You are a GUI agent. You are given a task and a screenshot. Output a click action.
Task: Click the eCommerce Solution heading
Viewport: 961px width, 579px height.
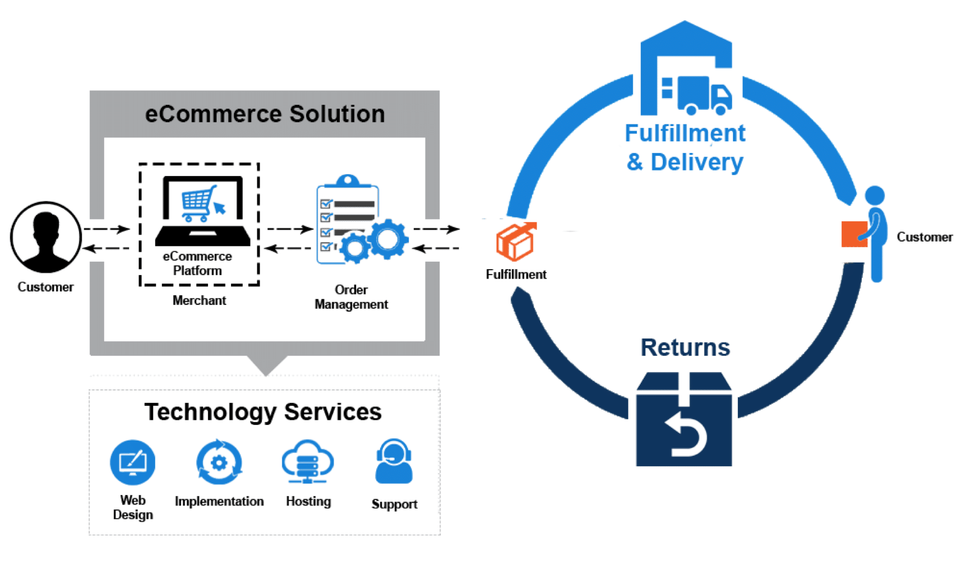point(265,114)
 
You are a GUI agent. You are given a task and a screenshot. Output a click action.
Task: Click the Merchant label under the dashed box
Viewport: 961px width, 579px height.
point(200,300)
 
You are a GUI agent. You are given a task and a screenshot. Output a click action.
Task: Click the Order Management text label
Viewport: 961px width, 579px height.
point(352,297)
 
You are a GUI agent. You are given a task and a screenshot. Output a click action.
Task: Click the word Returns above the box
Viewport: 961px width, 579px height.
point(685,348)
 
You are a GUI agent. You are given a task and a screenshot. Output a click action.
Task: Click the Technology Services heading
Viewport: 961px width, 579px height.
point(264,412)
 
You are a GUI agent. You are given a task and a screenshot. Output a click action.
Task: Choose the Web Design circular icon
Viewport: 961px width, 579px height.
point(132,462)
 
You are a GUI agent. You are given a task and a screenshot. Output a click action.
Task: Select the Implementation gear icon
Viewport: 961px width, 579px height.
point(219,462)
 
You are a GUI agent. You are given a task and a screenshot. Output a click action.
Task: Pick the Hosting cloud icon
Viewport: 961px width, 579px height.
point(307,461)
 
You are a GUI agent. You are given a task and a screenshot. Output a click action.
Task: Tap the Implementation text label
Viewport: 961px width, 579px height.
point(219,502)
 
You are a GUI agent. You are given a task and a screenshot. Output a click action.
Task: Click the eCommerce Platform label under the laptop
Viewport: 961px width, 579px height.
point(198,263)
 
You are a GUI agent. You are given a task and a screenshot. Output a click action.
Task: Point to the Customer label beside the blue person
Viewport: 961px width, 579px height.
point(925,237)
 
